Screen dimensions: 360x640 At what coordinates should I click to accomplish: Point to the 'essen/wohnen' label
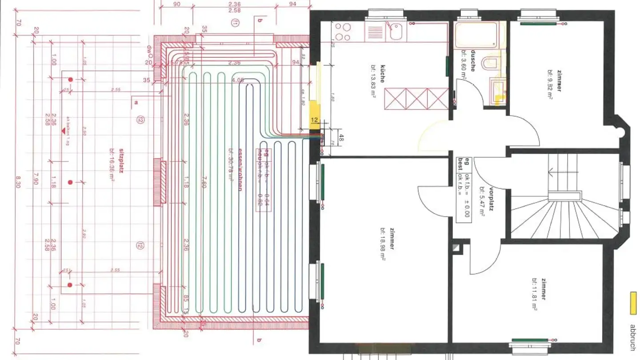click(240, 169)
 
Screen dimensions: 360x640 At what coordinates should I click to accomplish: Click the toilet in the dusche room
click(492, 63)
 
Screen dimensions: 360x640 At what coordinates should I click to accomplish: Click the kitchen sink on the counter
click(393, 32)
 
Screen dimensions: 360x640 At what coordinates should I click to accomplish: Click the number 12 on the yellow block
click(315, 120)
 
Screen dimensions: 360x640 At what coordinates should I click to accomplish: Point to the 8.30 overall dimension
click(18, 181)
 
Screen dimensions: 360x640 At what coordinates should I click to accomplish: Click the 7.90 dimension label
click(36, 181)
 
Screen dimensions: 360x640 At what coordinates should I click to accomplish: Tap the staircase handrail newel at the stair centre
click(564, 196)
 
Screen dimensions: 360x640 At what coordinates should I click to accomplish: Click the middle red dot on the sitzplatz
click(70, 182)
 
